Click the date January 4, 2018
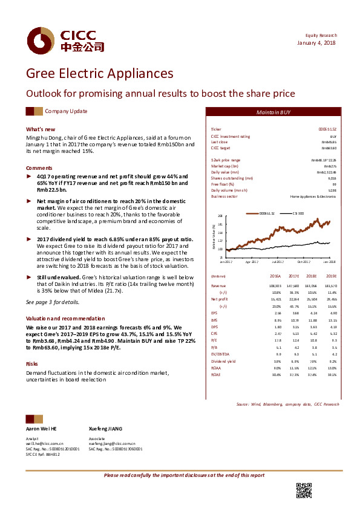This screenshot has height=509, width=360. click(317, 43)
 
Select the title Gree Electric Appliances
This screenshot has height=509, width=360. click(99, 74)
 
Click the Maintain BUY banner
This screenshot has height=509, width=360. click(273, 113)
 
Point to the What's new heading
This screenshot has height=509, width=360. click(41, 129)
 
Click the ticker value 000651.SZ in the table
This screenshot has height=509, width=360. click(327, 130)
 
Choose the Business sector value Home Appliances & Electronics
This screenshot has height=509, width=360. click(313, 196)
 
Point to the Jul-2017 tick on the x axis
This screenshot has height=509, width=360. click(278, 262)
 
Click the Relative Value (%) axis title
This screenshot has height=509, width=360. click(214, 235)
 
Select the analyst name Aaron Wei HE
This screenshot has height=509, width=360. click(41, 428)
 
